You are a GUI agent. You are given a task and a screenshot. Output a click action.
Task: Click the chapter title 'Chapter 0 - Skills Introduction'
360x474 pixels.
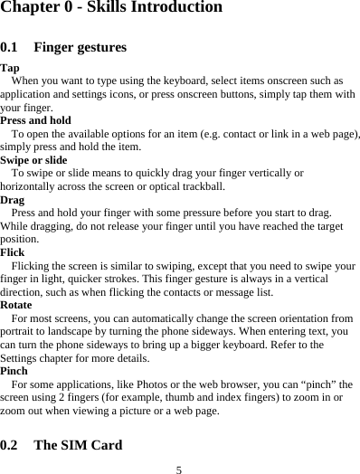[x=111, y=8]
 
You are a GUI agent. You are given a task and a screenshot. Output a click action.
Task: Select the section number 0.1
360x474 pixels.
[x=13, y=47]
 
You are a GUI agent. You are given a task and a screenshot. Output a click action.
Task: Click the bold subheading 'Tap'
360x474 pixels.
[x=10, y=68]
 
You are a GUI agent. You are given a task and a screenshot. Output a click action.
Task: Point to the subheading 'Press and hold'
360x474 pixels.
[x=36, y=120]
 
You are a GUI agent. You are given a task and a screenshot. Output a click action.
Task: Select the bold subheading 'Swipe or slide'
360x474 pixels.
[x=33, y=160]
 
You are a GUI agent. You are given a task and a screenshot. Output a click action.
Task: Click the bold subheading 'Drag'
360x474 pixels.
[x=13, y=200]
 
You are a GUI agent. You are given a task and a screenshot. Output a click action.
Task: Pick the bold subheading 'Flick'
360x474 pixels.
[x=13, y=253]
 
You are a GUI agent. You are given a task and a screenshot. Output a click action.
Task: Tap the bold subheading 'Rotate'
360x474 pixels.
[x=16, y=306]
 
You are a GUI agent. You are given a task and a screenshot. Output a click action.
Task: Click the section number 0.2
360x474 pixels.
[x=13, y=446]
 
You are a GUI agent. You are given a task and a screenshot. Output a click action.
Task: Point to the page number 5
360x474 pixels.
[x=179, y=469]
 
